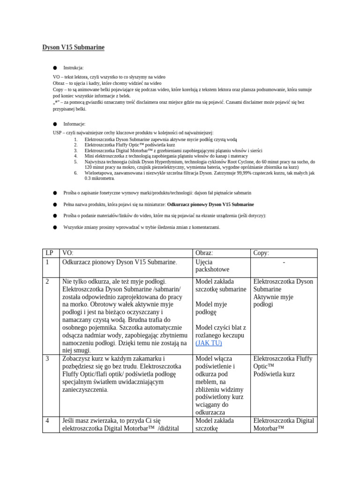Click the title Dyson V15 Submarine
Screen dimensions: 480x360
click(x=73, y=47)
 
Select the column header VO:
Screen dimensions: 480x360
click(x=67, y=253)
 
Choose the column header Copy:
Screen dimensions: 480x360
click(x=261, y=253)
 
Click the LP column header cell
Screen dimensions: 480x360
click(x=50, y=253)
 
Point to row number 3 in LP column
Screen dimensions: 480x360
click(x=47, y=359)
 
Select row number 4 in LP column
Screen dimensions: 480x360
click(x=47, y=421)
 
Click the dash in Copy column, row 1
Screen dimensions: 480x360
click(x=284, y=262)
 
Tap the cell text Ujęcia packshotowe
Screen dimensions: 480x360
click(x=212, y=266)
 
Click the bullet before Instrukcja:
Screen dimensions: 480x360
click(x=55, y=67)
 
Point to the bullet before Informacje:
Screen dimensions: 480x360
click(x=55, y=124)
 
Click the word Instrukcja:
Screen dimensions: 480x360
click(x=74, y=67)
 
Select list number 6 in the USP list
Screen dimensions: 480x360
click(x=75, y=172)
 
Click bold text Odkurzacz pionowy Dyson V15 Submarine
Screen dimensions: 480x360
click(x=210, y=204)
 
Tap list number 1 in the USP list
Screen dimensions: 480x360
click(x=75, y=139)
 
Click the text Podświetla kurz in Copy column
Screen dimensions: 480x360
click(x=274, y=374)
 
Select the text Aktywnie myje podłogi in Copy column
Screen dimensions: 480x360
click(x=273, y=300)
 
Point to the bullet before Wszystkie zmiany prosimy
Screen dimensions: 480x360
click(x=55, y=227)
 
